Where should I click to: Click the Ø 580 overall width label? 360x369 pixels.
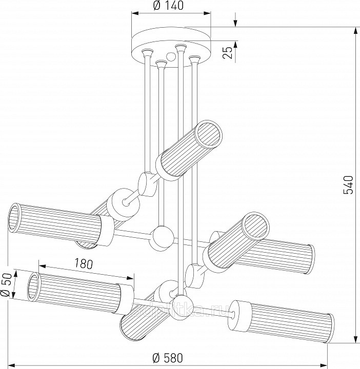point(168,357)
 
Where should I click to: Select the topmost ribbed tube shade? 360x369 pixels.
point(189,149)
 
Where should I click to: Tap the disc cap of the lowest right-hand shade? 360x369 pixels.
point(240,312)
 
